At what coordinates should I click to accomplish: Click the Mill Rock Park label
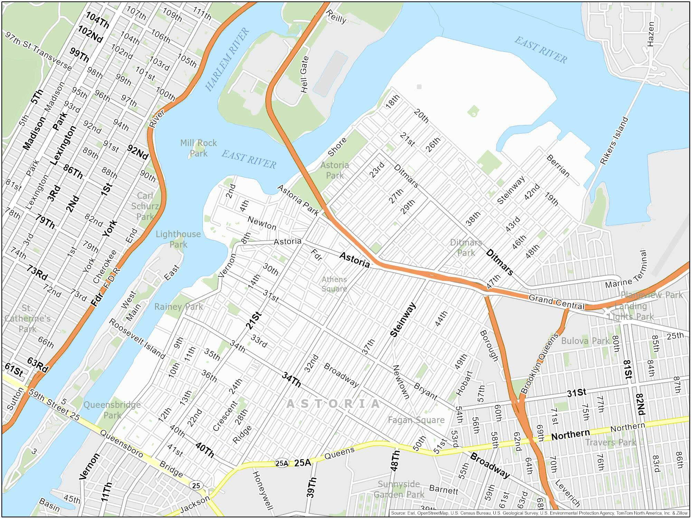[x=198, y=148]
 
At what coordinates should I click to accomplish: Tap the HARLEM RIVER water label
[x=227, y=59]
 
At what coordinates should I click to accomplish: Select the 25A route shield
[x=282, y=463]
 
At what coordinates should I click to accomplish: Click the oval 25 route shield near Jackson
[x=196, y=486]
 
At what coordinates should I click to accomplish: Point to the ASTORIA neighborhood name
[x=333, y=404]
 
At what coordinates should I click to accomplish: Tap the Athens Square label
[x=334, y=284]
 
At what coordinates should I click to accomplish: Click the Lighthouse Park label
[x=178, y=239]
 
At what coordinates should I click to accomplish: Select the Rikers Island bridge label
[x=614, y=140]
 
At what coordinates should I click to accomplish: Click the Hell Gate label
[x=304, y=74]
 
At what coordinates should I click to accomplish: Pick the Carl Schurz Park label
[x=145, y=206]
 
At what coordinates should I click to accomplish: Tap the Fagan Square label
[x=416, y=420]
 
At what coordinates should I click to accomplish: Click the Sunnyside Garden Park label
[x=399, y=489]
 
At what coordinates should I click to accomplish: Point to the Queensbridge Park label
[x=112, y=410]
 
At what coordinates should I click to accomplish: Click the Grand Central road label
[x=556, y=302]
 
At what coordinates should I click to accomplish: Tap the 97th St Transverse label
[x=39, y=50]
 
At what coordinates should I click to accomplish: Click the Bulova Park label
[x=585, y=341]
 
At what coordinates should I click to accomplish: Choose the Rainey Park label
[x=178, y=307]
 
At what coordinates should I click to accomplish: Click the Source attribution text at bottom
[x=539, y=513]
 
